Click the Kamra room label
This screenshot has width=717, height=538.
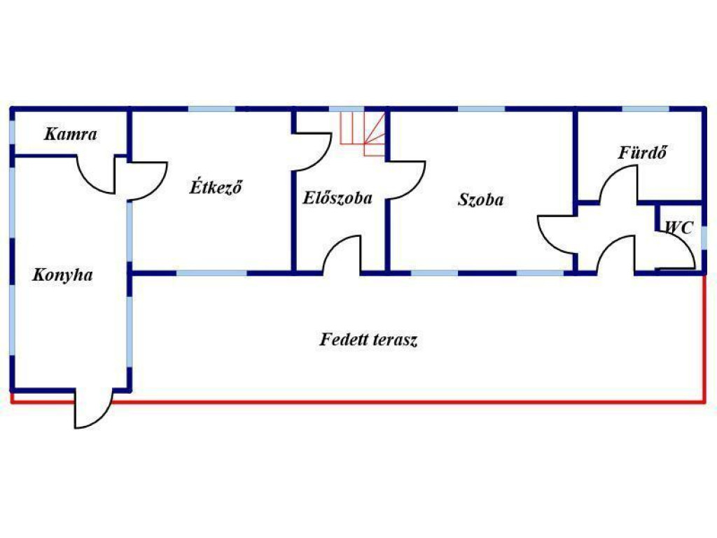click(71, 134)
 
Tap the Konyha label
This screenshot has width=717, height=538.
click(62, 275)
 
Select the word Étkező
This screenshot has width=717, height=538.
click(216, 186)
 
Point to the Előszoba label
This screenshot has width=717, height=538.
click(337, 198)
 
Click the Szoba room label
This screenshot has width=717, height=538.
click(480, 200)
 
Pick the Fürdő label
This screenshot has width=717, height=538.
click(643, 152)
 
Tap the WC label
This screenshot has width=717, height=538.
click(678, 227)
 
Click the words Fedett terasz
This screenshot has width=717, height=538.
click(368, 340)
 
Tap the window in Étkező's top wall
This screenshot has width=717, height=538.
click(211, 109)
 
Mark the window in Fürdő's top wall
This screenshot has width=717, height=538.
click(646, 109)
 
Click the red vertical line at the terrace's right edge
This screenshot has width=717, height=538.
click(704, 338)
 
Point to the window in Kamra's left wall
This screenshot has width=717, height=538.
click(13, 132)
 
